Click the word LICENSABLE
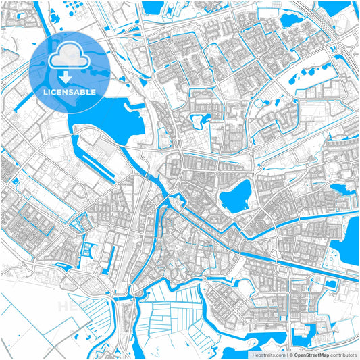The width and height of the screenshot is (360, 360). (x=70, y=91)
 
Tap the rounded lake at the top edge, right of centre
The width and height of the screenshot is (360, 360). (x=292, y=19)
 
